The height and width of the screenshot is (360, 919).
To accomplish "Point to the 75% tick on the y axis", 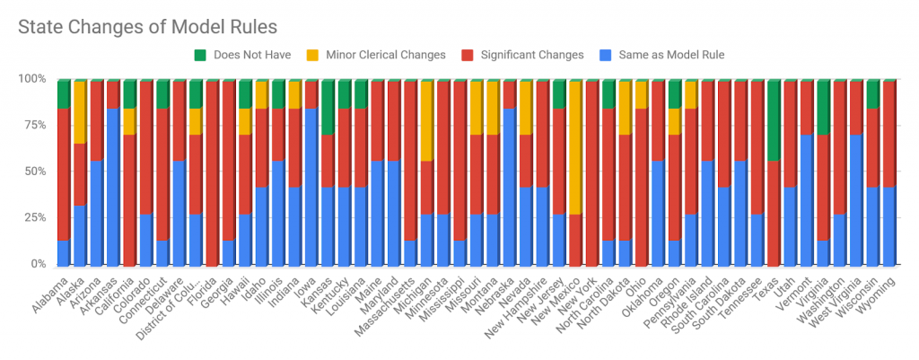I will click(34, 126).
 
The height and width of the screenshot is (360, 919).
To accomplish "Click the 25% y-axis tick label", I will click(34, 218).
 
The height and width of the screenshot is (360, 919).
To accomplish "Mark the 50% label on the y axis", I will click(34, 171).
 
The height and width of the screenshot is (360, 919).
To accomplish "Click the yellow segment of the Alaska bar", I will click(79, 112).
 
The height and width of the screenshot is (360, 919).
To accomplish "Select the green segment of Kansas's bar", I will click(328, 107).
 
